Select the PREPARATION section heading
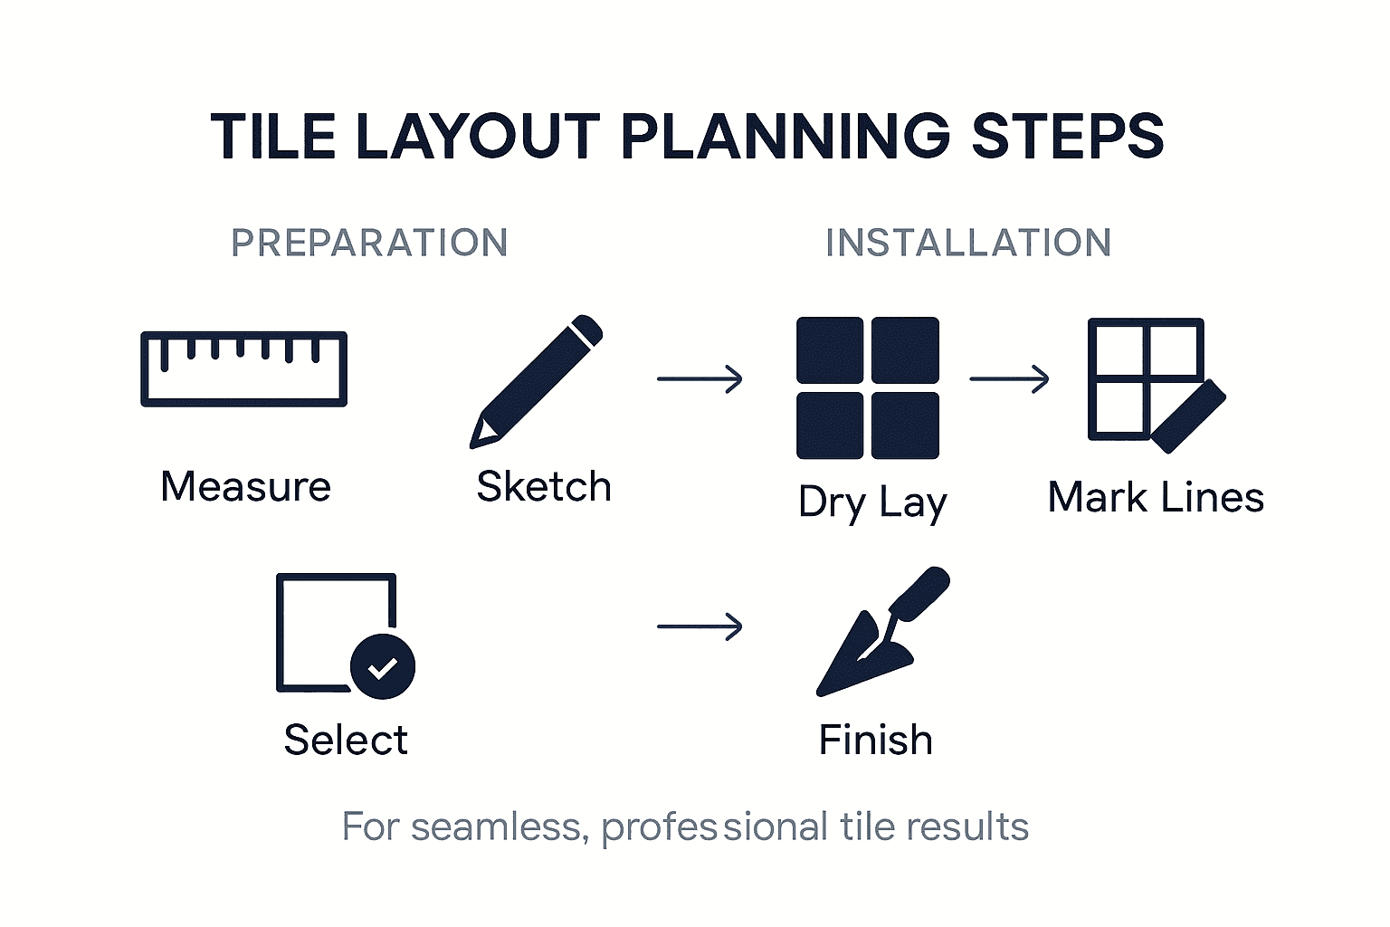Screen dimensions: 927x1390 [369, 243]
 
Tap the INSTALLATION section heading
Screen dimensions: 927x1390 [968, 243]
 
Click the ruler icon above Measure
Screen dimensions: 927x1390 [243, 368]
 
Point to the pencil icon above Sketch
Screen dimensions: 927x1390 [536, 381]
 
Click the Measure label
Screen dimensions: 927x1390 [245, 487]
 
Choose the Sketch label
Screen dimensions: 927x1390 [544, 487]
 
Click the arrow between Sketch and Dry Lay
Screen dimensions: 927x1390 [700, 378]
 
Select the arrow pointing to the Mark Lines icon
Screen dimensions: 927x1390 [1009, 378]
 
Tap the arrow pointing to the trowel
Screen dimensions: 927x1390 [700, 626]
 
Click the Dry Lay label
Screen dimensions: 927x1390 [872, 502]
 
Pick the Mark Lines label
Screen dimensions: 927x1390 [1156, 498]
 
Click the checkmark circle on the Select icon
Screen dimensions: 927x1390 [383, 667]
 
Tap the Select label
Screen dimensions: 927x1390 [346, 741]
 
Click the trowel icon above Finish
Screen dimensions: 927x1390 [881, 634]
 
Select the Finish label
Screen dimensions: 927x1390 [875, 741]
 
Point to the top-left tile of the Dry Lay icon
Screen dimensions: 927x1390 [830, 350]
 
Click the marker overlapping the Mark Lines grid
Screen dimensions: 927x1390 [1188, 416]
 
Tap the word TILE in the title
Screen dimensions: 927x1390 [273, 138]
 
